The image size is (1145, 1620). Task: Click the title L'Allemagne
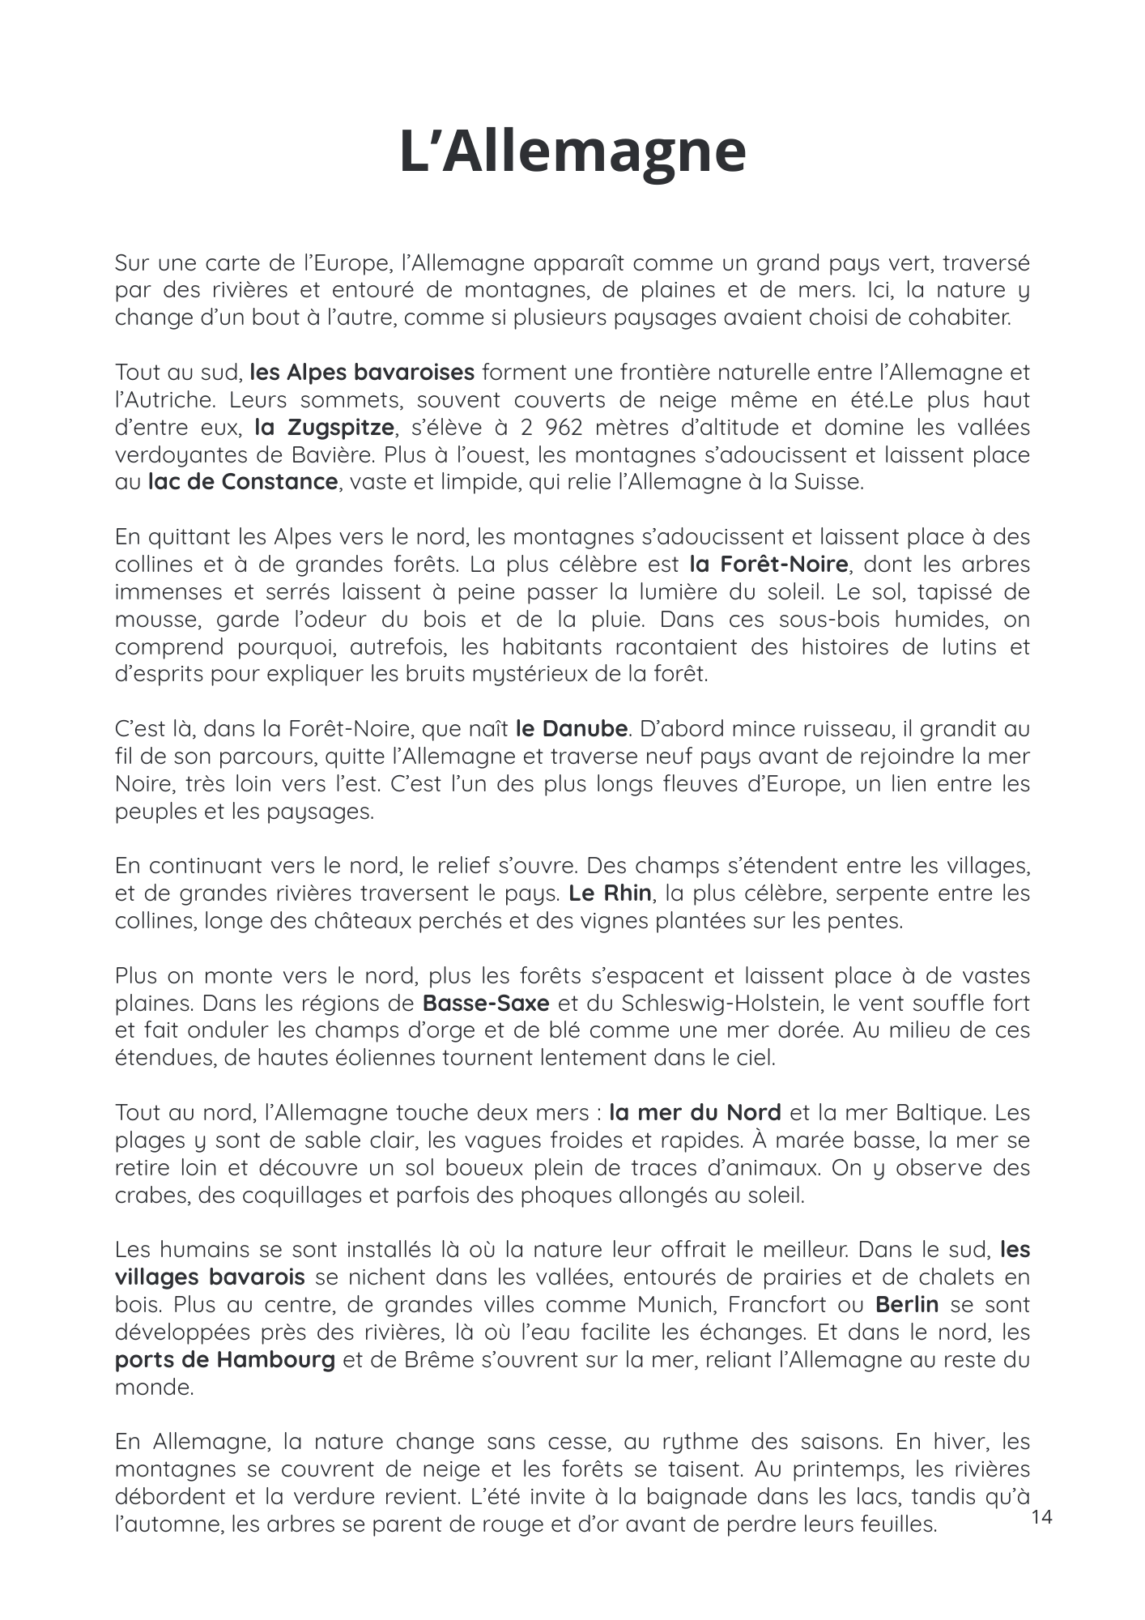pos(572,151)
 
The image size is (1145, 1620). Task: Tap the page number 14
pos(1041,1517)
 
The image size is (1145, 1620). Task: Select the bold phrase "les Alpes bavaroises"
pos(362,373)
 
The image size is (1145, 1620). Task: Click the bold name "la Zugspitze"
pos(324,427)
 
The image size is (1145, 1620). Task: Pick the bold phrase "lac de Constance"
pos(242,482)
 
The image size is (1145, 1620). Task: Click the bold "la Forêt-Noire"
pos(768,564)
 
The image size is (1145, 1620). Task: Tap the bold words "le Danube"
pos(571,728)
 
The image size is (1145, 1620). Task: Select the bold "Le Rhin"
pos(610,893)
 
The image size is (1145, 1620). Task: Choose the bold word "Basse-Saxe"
pos(486,1003)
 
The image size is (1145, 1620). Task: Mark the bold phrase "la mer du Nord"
pos(695,1112)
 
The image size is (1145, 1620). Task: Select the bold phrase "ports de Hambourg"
pos(224,1359)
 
